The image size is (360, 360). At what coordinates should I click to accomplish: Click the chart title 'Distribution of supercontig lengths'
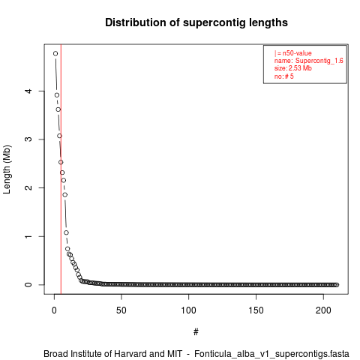(x=196, y=22)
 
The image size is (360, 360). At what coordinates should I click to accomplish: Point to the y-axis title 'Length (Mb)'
(x=7, y=169)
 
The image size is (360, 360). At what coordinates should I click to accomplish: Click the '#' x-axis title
(x=196, y=332)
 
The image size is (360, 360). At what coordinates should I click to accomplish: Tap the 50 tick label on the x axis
(x=121, y=310)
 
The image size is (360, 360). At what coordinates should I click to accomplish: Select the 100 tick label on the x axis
(x=188, y=310)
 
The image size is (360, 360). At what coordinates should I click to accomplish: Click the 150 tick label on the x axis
(x=256, y=310)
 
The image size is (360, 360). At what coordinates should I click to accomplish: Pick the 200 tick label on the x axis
(x=323, y=310)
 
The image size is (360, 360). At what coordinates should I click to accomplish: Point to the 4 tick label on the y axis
(x=28, y=91)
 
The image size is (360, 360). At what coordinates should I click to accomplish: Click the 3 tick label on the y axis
(x=28, y=139)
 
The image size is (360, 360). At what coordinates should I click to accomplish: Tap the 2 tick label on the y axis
(x=28, y=187)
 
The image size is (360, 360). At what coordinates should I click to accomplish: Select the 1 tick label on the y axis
(x=28, y=236)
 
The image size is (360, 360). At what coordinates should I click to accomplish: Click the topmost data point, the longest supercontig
(x=55, y=53)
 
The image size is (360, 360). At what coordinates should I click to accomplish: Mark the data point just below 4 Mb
(x=57, y=95)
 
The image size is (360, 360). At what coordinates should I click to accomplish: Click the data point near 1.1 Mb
(x=66, y=232)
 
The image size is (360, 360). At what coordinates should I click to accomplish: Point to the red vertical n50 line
(x=61, y=169)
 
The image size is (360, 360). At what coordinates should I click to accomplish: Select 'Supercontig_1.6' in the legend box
(x=319, y=61)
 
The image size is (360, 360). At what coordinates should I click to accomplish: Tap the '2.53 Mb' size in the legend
(x=300, y=68)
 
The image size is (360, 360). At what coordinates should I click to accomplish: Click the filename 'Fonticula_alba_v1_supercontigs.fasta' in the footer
(x=271, y=354)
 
